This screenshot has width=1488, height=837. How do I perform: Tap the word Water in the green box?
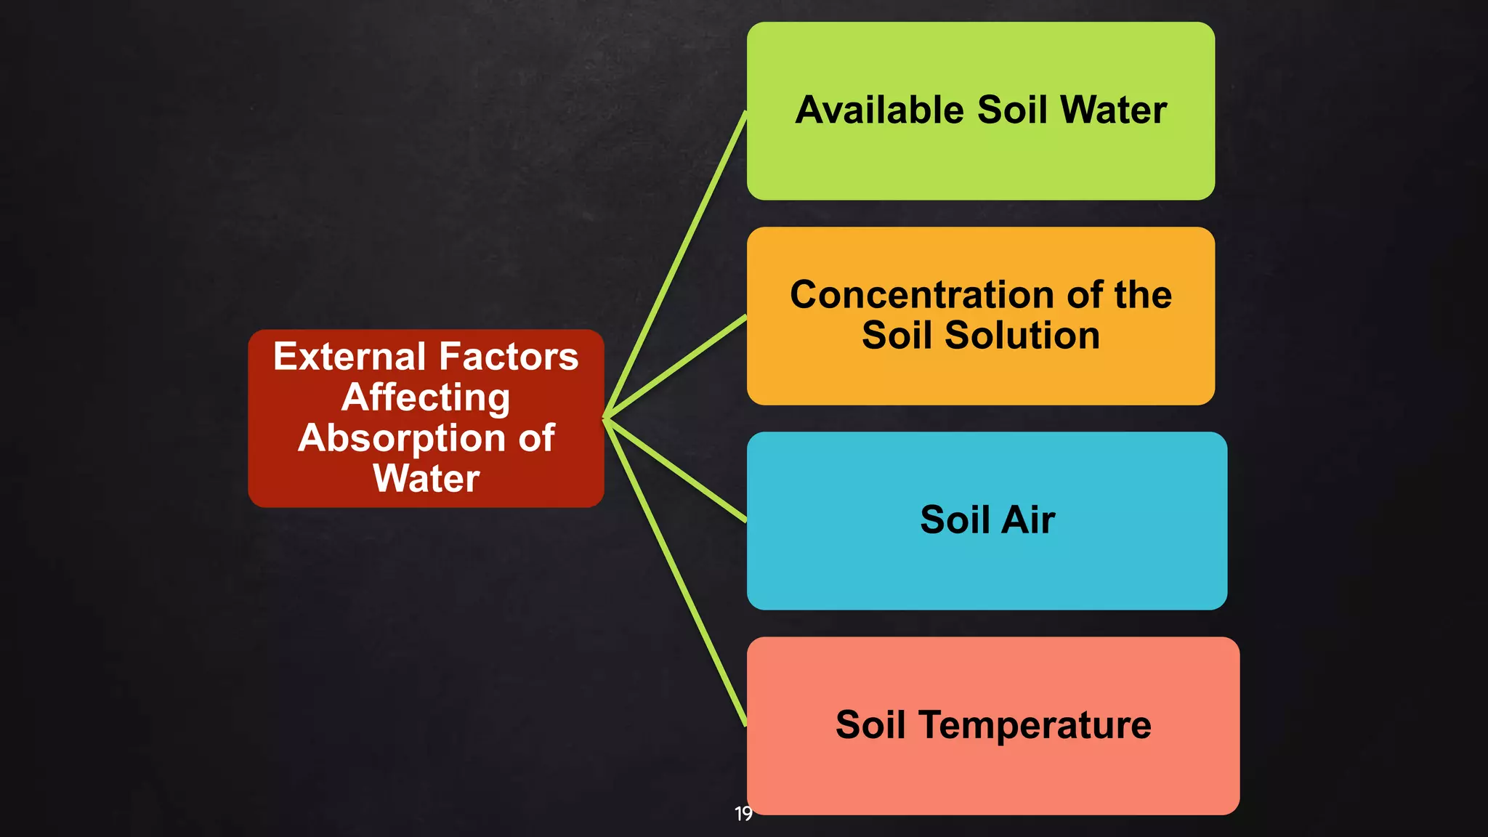pos(1113,110)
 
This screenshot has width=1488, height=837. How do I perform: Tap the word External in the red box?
pos(349,357)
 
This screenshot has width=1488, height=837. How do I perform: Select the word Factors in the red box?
pos(509,357)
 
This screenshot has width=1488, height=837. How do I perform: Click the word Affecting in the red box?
pos(426,397)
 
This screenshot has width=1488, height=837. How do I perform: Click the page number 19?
pos(743,814)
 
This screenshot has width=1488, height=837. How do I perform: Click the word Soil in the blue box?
pos(955,520)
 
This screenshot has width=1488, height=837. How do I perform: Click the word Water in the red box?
pos(426,479)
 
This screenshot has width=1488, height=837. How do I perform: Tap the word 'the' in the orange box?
pos(1143,296)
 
